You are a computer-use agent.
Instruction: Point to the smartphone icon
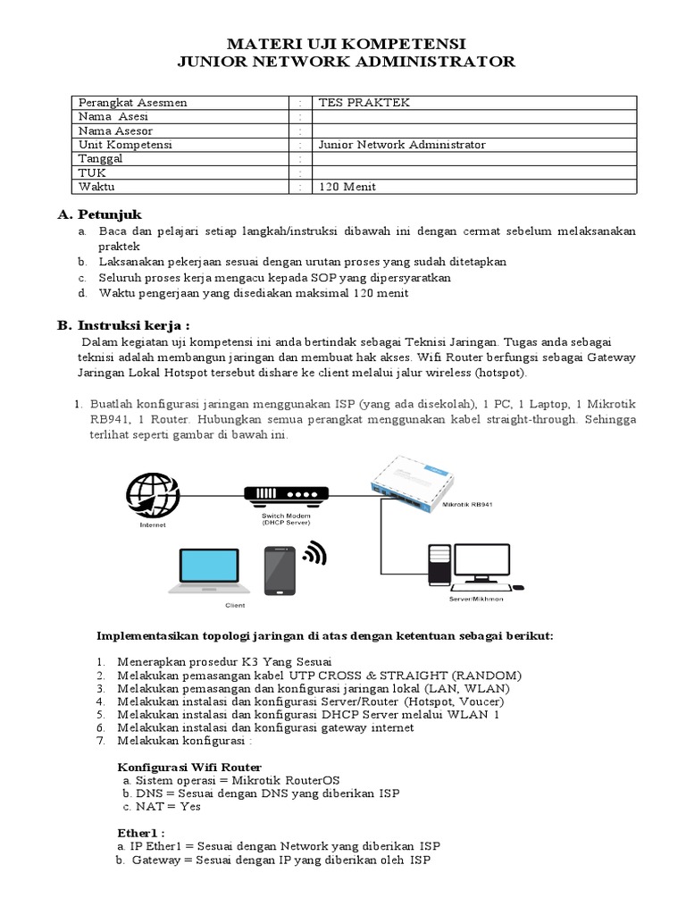pos(280,568)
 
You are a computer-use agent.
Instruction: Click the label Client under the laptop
pos(234,605)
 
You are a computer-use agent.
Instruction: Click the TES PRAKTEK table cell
pos(357,103)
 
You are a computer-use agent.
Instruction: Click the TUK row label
pos(92,172)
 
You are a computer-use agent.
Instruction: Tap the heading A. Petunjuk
pos(99,214)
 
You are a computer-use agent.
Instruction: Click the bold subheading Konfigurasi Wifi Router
pos(189,767)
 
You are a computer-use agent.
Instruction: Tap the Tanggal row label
pos(100,158)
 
